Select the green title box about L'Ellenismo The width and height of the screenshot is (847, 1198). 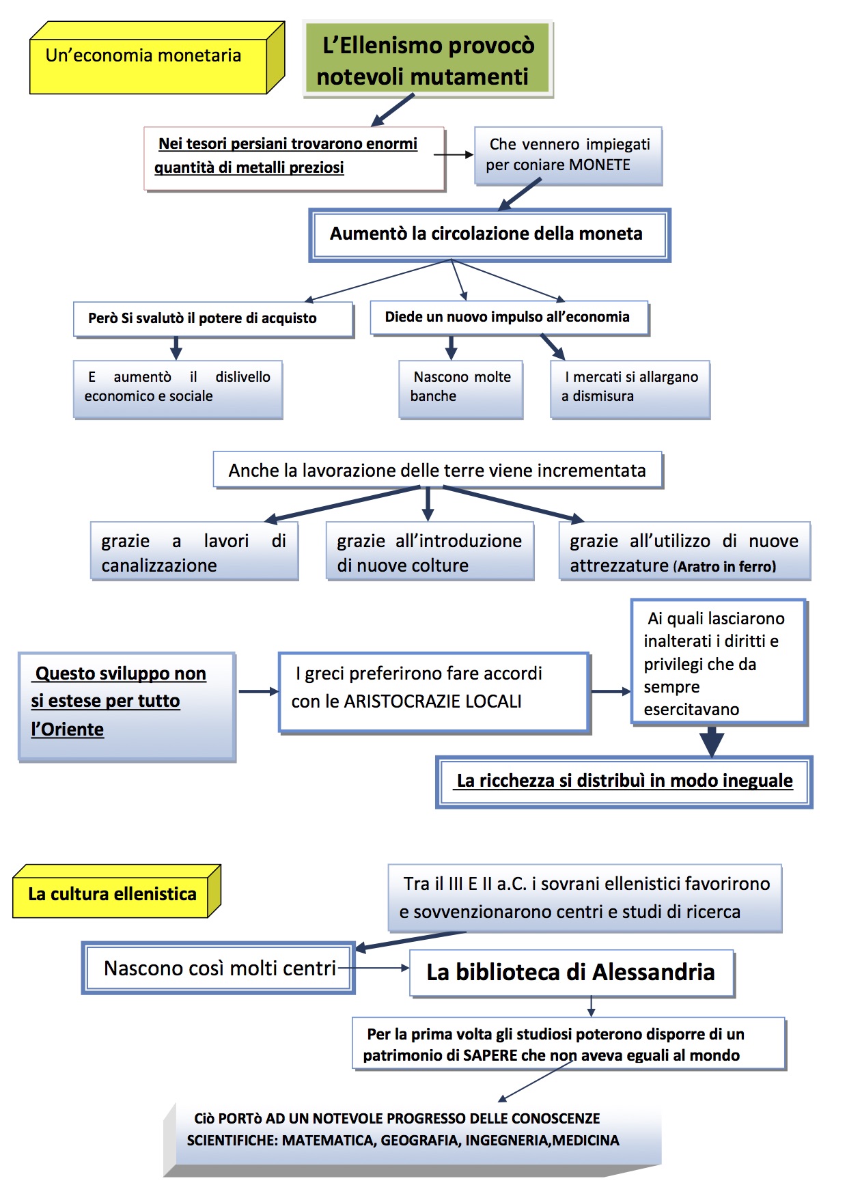coord(428,60)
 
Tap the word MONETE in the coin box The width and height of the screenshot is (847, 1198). coord(600,165)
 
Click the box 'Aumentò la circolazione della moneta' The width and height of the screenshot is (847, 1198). coord(489,234)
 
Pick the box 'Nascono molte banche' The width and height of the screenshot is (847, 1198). coord(461,388)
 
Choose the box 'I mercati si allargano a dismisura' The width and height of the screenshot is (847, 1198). coord(630,388)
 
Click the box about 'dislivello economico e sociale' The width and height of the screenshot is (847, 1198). coord(178,388)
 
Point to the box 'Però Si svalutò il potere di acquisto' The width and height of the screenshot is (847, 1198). coord(213,318)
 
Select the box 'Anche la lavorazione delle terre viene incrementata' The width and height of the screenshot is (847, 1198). coord(437,470)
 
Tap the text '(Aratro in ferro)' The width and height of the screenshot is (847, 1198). coord(725,567)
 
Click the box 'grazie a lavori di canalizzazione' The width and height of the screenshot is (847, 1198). coord(194,552)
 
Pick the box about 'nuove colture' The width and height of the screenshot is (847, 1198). coord(430,552)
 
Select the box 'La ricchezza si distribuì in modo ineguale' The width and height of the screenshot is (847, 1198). coord(624,781)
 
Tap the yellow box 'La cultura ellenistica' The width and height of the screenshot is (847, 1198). coord(113,894)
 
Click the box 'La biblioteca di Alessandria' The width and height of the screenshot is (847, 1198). coord(571,973)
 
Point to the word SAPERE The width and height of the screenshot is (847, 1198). coord(490,1056)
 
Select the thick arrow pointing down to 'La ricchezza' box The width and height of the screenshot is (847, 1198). coord(712,741)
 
